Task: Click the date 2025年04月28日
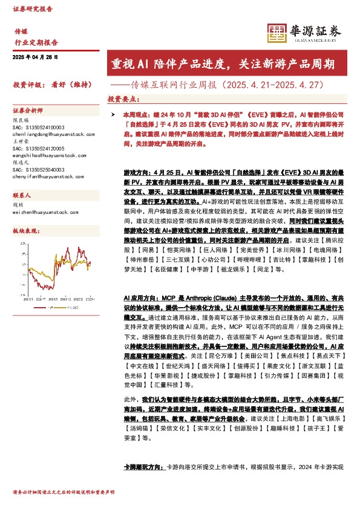35,57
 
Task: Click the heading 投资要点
123,99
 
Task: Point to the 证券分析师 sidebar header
28,111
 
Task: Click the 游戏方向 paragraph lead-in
136,173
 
